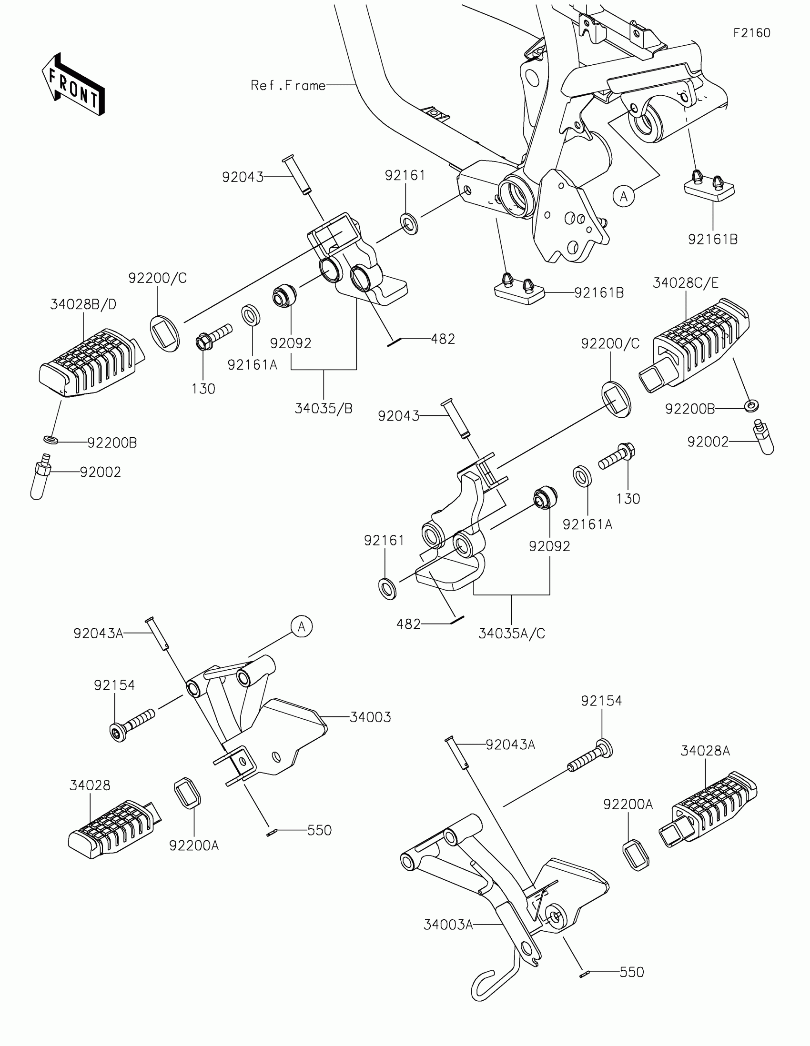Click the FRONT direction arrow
pos(73,84)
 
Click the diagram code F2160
pos(751,33)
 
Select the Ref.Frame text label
pos(288,85)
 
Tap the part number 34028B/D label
pos(83,304)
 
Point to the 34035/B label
pos(324,409)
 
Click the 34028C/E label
pos(686,283)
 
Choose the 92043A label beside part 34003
pos(98,634)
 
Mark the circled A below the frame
pos(624,196)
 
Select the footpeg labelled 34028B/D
pos(91,362)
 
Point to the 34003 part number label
pos(370,717)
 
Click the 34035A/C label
pos(512,634)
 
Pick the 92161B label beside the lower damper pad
pos(599,292)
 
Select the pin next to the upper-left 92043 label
pos(297,175)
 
